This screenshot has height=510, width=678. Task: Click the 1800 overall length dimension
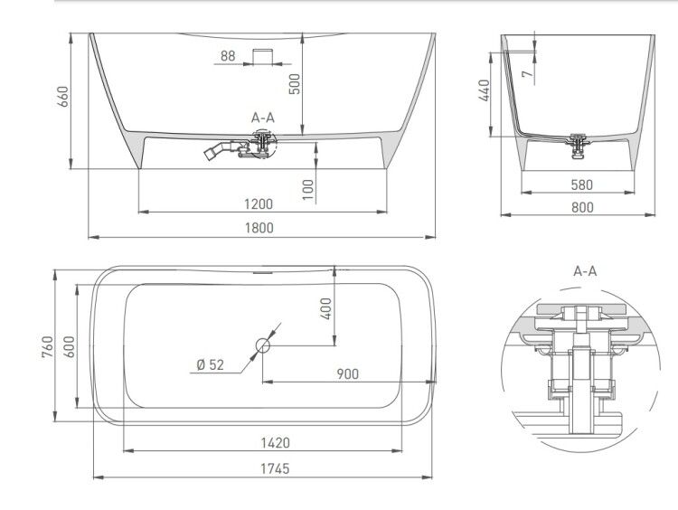click(x=259, y=228)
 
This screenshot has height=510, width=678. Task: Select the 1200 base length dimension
click(x=259, y=203)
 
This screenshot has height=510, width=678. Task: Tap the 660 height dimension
click(x=63, y=97)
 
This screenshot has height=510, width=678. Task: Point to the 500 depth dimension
click(x=294, y=84)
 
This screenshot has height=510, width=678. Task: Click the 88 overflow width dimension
click(x=228, y=56)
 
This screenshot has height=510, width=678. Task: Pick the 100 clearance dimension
click(x=308, y=190)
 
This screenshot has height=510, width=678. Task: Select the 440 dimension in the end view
click(x=485, y=90)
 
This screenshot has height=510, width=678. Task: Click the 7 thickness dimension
click(x=528, y=74)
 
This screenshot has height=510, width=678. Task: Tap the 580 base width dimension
click(x=581, y=184)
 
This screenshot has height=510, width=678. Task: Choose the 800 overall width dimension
click(x=582, y=208)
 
